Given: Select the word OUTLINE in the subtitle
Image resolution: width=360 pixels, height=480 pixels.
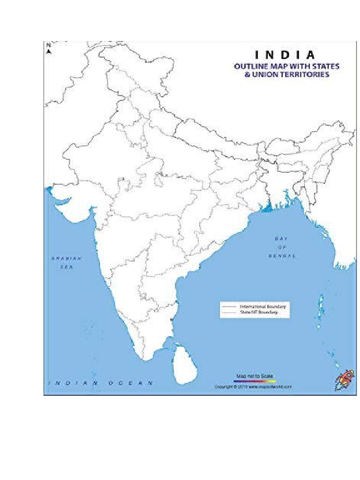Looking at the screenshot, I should pyautogui.click(x=250, y=66).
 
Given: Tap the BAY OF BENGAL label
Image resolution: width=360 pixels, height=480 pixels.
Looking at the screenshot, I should pyautogui.click(x=282, y=247).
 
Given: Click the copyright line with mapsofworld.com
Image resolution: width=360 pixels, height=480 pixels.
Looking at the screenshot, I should pyautogui.click(x=253, y=387).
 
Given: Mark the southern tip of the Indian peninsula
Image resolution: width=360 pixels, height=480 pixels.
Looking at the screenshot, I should pyautogui.click(x=147, y=359).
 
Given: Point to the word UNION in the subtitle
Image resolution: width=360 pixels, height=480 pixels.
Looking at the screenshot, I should pyautogui.click(x=264, y=74).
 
